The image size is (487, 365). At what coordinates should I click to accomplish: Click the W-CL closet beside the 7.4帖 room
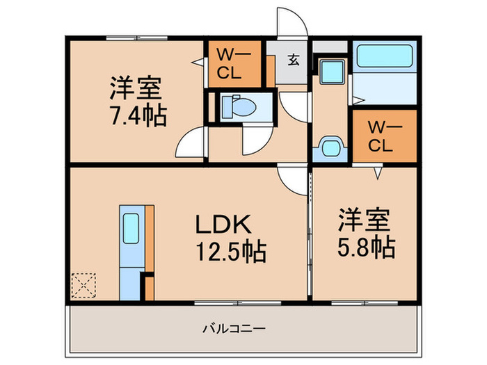click(234, 64)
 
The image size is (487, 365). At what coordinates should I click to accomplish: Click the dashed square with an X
click(83, 284)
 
